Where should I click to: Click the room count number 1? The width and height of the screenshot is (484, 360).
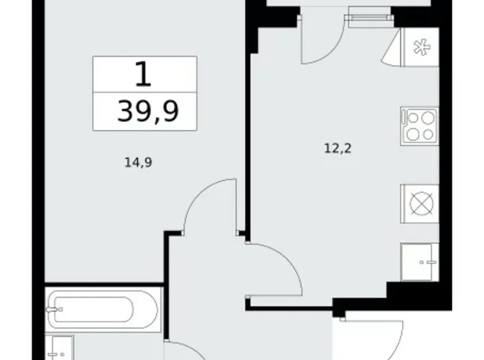click(x=143, y=74)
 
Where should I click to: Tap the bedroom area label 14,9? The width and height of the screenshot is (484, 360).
click(x=138, y=163)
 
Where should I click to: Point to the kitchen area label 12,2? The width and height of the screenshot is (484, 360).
click(x=338, y=149)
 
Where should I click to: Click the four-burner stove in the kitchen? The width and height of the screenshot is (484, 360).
click(x=420, y=126)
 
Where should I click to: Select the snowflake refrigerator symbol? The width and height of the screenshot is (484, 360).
click(x=422, y=47)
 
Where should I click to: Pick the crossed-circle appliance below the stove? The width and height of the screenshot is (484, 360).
click(x=421, y=204)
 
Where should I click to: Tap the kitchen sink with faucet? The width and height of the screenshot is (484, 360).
click(x=420, y=262)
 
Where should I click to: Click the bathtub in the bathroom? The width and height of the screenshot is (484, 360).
click(x=104, y=310)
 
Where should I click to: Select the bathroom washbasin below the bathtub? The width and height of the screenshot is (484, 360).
click(x=60, y=348)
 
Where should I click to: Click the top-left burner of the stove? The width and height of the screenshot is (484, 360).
click(x=413, y=118)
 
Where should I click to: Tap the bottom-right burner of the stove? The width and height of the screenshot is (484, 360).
click(x=428, y=134)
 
